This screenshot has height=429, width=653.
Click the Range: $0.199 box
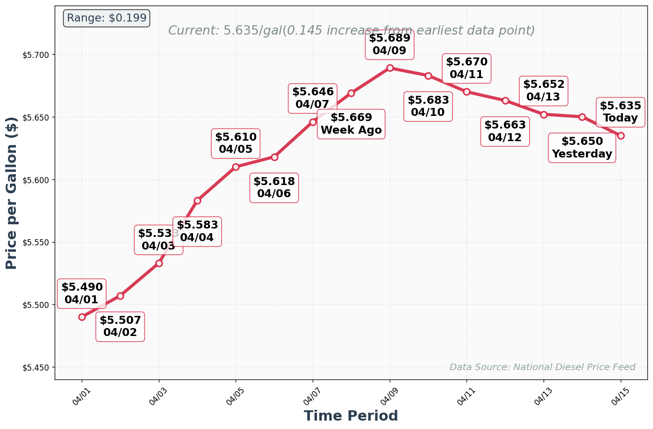[107, 18]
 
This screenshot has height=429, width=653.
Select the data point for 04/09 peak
[390, 68]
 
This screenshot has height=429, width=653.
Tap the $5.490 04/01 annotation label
[82, 293]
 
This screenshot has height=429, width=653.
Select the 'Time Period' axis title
[351, 416]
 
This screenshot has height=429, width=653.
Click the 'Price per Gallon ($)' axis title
[12, 193]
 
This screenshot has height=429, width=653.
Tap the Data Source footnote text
[542, 367]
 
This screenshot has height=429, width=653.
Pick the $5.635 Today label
[620, 112]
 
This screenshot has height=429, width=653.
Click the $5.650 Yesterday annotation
[582, 148]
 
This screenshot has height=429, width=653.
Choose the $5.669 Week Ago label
[351, 124]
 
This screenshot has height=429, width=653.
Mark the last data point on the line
[621, 136]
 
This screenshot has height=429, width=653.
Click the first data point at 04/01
[82, 317]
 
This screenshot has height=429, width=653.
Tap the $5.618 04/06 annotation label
[274, 187]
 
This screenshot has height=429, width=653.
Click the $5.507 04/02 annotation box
[120, 327]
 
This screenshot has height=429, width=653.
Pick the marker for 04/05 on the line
[236, 167]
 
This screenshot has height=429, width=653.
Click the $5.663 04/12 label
[505, 131]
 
